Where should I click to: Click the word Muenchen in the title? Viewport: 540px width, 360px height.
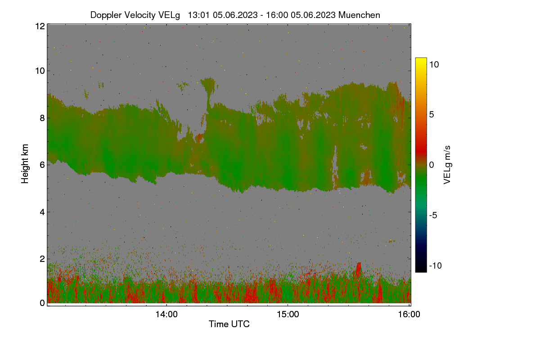[x=359, y=15]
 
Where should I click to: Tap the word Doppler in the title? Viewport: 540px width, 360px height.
[x=106, y=15]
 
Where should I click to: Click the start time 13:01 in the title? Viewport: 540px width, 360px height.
[x=198, y=15]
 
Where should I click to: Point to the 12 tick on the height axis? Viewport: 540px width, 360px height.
[x=40, y=26]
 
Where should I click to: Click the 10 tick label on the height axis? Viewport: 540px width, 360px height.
[x=40, y=71]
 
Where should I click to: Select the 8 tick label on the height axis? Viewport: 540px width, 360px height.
[x=42, y=118]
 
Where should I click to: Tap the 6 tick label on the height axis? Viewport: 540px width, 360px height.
[x=42, y=165]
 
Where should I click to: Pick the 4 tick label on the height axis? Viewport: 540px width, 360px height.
[x=42, y=212]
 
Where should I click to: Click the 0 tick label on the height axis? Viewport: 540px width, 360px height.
[x=42, y=303]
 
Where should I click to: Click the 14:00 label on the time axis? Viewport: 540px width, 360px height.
[x=166, y=314]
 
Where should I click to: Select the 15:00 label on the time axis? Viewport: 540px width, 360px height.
[x=288, y=314]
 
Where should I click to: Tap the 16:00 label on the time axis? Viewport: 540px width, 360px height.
[x=409, y=314]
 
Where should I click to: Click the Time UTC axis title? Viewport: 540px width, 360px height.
[x=229, y=324]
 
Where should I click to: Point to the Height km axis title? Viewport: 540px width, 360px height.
[x=25, y=164]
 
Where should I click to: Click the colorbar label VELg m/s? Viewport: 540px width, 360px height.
[x=447, y=165]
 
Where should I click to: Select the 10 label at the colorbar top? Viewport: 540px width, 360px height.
[x=434, y=64]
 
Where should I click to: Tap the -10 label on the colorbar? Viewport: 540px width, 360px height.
[x=436, y=265]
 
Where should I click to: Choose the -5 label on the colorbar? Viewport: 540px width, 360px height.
[x=433, y=215]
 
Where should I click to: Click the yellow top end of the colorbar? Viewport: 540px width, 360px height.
[x=421, y=58]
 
